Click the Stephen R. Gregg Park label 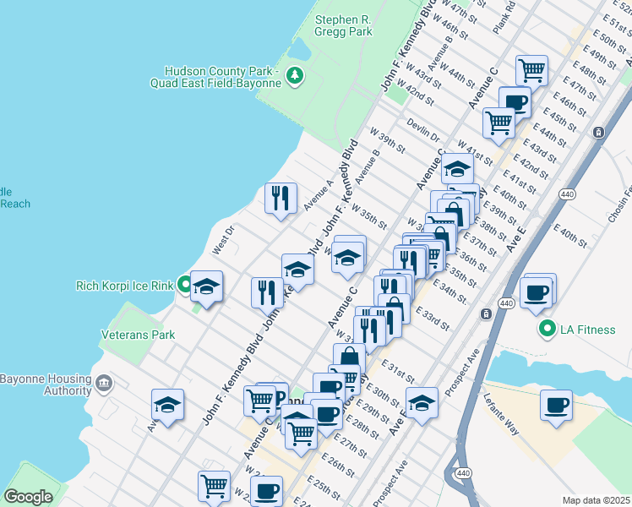click(x=343, y=25)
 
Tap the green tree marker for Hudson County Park click(x=295, y=77)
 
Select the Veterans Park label click(x=138, y=335)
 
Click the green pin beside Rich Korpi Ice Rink click(x=183, y=286)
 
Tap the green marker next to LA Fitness click(x=547, y=329)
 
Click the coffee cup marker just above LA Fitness click(x=537, y=293)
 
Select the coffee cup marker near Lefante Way click(x=555, y=406)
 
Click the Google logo click(x=28, y=497)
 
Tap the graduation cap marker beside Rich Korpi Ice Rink click(x=206, y=287)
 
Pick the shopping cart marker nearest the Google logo click(x=215, y=486)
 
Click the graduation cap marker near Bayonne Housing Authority click(x=168, y=405)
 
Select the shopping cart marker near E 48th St click(x=531, y=70)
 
